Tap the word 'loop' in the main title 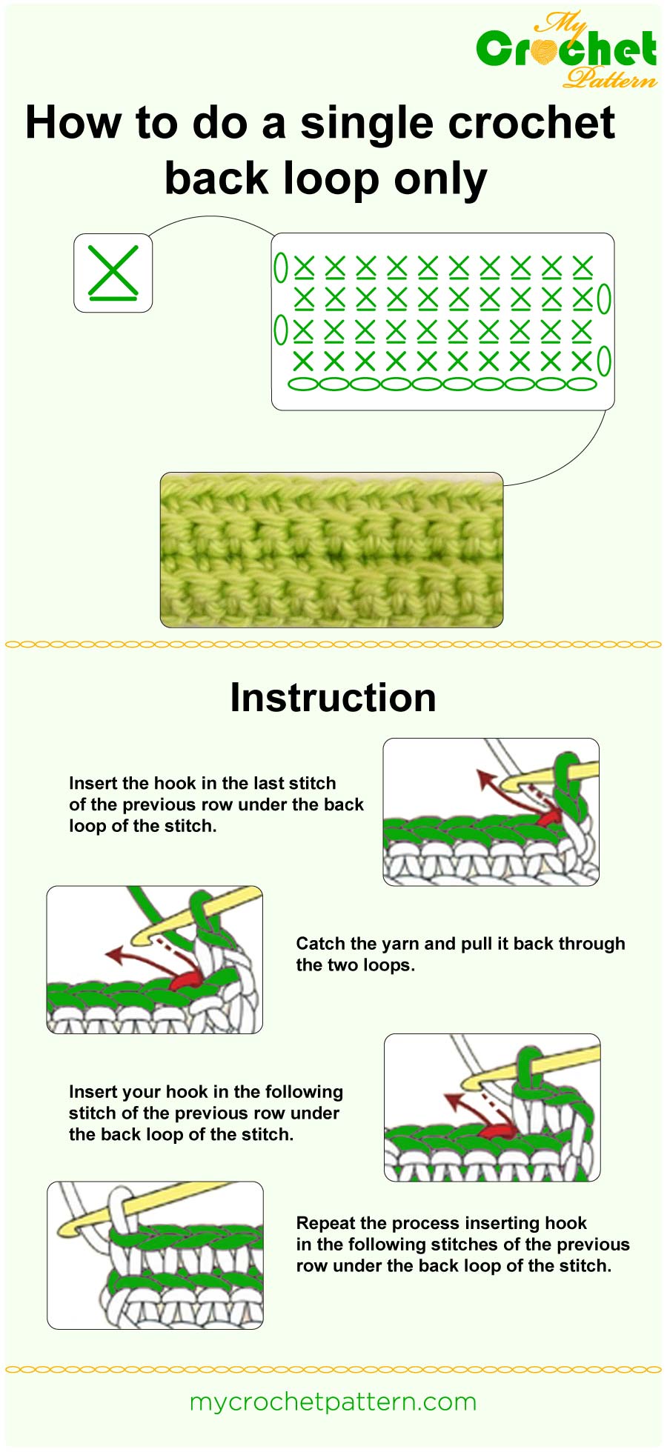(333, 179)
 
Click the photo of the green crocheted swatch (331, 550)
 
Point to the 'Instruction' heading (333, 698)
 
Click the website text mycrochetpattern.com (333, 1402)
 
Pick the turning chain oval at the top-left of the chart (281, 267)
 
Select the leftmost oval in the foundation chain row (302, 384)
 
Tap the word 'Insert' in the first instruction (93, 783)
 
